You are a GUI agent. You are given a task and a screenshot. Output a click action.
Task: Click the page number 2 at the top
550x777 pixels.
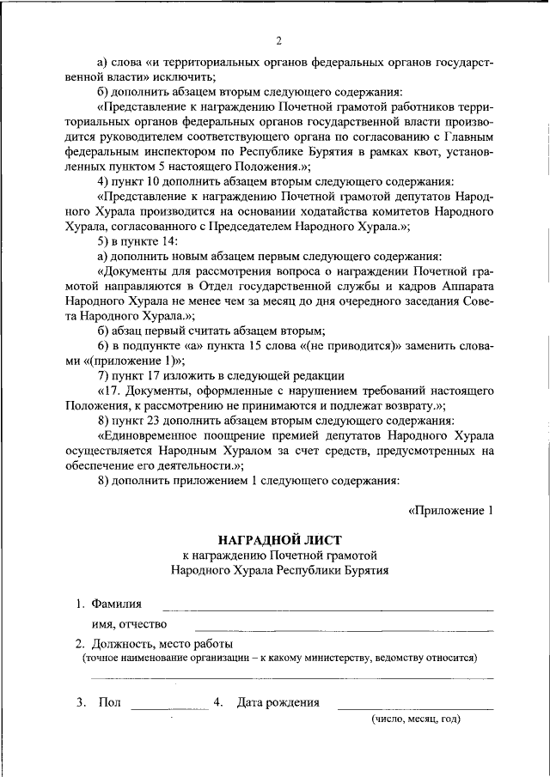pyautogui.click(x=279, y=40)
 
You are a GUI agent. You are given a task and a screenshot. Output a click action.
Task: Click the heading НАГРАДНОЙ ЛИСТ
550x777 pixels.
pyautogui.click(x=279, y=538)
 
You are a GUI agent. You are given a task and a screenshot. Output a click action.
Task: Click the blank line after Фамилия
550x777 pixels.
pyautogui.click(x=328, y=609)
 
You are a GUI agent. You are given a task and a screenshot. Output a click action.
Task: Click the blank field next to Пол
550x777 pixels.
pyautogui.click(x=168, y=707)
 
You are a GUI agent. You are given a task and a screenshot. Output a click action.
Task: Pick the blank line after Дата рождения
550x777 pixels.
pyautogui.click(x=415, y=707)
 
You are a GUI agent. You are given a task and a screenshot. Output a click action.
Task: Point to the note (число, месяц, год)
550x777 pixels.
pyautogui.click(x=416, y=719)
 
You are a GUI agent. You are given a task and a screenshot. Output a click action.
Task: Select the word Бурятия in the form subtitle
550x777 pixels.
pyautogui.click(x=365, y=569)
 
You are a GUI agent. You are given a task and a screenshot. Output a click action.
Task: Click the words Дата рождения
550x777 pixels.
pyautogui.click(x=278, y=702)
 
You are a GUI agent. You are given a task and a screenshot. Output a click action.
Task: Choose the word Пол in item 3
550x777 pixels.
pyautogui.click(x=109, y=702)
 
